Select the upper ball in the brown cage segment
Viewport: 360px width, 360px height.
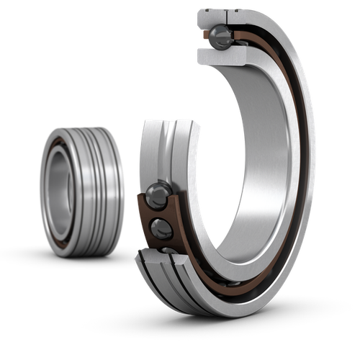158,196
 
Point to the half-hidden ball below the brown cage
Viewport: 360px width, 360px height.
168,250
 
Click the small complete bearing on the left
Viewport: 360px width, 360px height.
81,191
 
